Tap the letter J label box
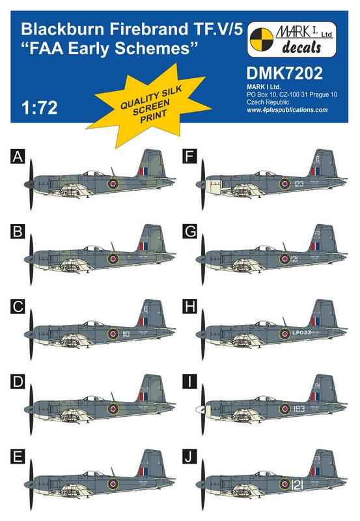click(x=188, y=466)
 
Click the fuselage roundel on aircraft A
click(x=113, y=185)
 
